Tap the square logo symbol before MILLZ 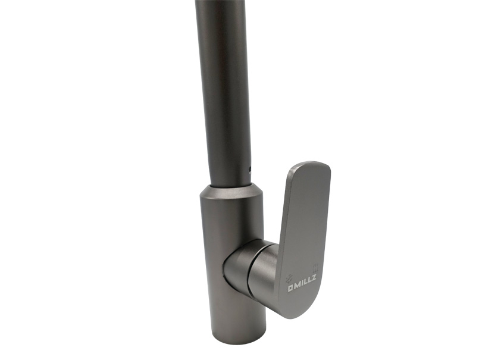tap(290, 288)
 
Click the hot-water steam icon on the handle tap(315, 268)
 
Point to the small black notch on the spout tap(251, 168)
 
